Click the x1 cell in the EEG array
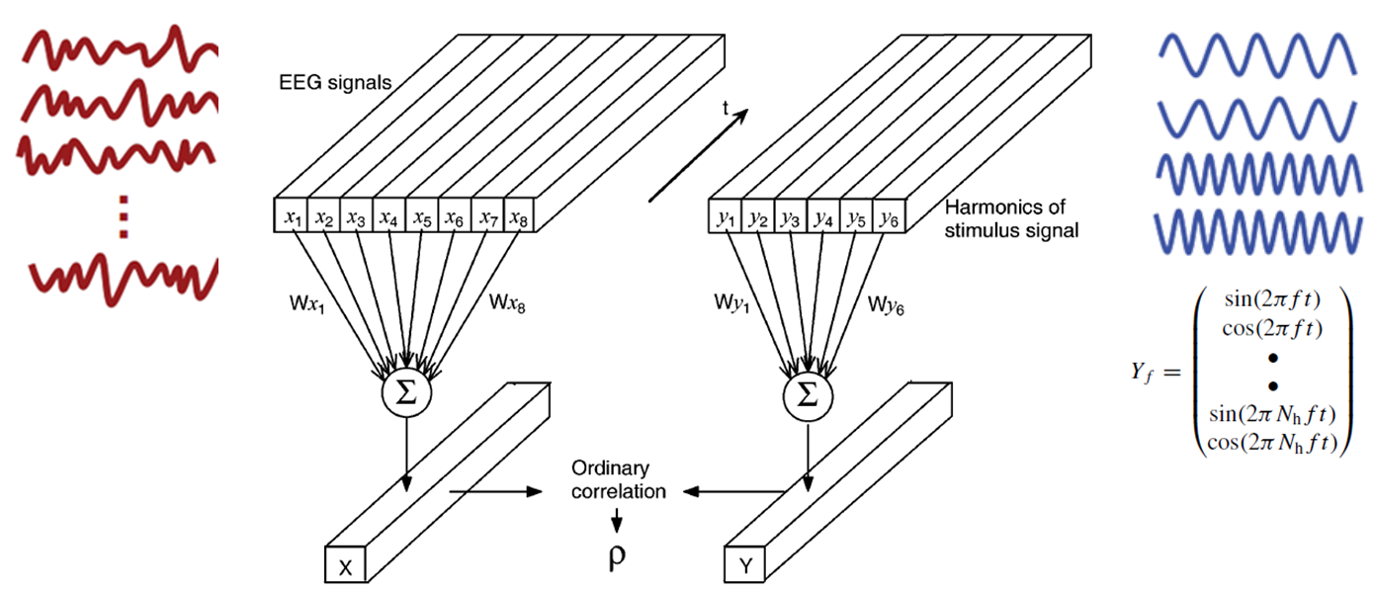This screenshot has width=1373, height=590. click(292, 217)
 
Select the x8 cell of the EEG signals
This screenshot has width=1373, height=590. click(519, 217)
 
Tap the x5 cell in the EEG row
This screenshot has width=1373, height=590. click(422, 217)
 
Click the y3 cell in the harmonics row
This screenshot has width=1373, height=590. click(790, 217)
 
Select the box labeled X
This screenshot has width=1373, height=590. click(345, 566)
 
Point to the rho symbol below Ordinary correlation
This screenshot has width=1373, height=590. click(618, 557)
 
